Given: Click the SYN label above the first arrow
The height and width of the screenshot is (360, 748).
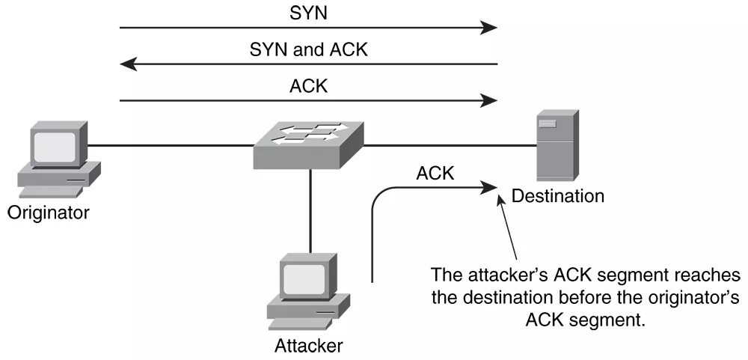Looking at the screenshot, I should pyautogui.click(x=308, y=14).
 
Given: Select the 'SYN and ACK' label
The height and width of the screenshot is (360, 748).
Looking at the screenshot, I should pyautogui.click(x=308, y=50).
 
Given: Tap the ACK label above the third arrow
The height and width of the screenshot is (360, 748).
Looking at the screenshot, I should pyautogui.click(x=308, y=85).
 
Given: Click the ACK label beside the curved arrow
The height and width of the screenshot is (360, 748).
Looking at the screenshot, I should pyautogui.click(x=435, y=174).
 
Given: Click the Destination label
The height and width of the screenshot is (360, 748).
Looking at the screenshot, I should pyautogui.click(x=557, y=197).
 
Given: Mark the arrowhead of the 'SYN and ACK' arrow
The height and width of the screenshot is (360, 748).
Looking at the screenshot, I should pyautogui.click(x=128, y=64).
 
